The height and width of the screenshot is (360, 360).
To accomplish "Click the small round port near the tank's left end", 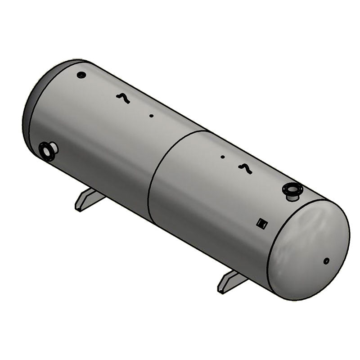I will (81, 75).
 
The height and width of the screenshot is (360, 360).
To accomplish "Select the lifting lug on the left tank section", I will (122, 98).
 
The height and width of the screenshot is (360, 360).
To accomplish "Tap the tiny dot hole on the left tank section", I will (151, 116).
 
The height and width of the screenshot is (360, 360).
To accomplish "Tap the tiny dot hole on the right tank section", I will (222, 157).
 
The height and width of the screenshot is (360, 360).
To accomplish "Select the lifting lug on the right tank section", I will (245, 168).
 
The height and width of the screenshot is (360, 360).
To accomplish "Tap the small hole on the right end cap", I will (326, 261).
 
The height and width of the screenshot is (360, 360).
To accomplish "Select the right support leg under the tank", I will (232, 282).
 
